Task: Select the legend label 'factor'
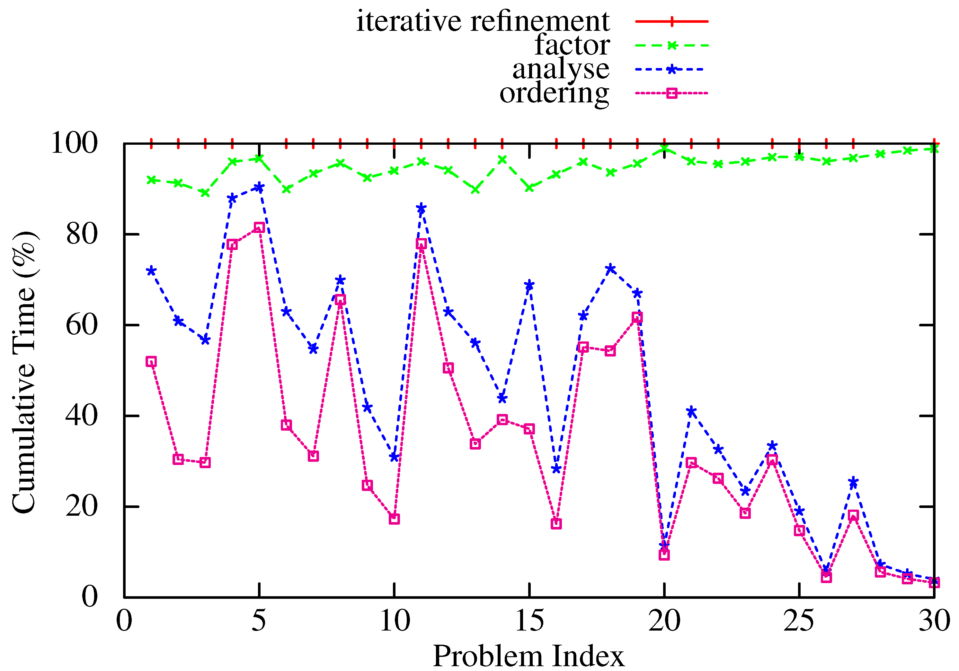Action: tap(572, 45)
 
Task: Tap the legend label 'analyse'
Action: tap(561, 69)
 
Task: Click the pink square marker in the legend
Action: tap(672, 93)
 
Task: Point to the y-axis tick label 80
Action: tap(82, 234)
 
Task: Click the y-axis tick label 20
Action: tap(82, 507)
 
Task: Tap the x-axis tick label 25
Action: tap(799, 621)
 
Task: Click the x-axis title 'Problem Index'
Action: tap(528, 656)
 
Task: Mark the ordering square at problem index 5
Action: tap(259, 228)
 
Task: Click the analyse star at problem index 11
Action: tap(421, 208)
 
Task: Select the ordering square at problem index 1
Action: tap(151, 362)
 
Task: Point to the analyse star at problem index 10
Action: tap(394, 457)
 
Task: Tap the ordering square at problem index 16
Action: tap(556, 524)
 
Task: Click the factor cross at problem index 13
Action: tap(475, 189)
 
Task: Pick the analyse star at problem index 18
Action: tap(610, 269)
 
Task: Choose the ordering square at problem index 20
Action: tap(664, 555)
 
